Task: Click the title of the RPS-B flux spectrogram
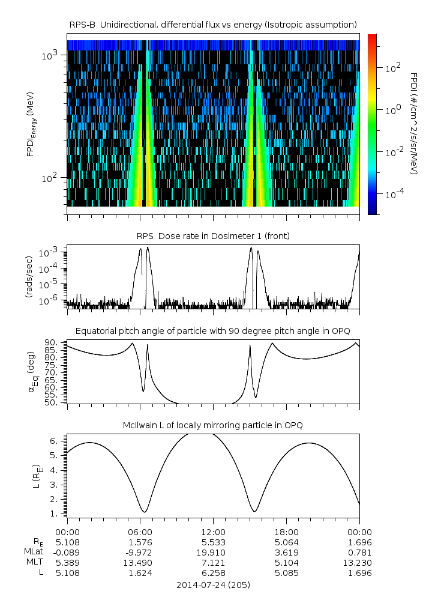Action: [213, 25]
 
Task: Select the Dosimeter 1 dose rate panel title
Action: [213, 236]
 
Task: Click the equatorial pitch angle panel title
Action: [213, 332]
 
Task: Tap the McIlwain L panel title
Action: [213, 425]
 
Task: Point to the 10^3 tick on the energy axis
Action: [50, 55]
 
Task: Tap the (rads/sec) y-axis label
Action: [29, 277]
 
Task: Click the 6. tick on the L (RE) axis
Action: [54, 441]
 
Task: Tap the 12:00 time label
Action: [213, 532]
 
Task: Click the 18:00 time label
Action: [286, 532]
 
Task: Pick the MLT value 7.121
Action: [214, 563]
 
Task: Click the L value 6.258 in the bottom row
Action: [214, 573]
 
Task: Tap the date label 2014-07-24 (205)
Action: [213, 585]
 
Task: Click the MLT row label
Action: [35, 562]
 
